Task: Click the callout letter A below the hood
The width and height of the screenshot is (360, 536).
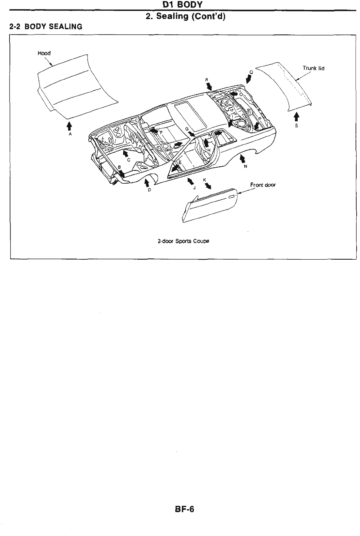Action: click(70, 134)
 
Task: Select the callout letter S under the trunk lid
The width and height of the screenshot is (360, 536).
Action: click(296, 125)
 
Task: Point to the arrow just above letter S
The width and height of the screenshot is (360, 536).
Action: click(296, 117)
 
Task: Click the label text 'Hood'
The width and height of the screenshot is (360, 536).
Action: click(44, 53)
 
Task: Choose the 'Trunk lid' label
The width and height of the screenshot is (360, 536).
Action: click(313, 68)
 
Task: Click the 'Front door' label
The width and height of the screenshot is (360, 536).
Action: click(263, 185)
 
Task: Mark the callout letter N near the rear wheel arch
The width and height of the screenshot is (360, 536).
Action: click(245, 166)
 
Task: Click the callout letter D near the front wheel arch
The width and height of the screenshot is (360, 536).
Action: click(149, 190)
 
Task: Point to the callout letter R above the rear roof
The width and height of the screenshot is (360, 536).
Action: click(206, 79)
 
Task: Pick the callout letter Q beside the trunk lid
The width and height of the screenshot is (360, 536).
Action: click(251, 72)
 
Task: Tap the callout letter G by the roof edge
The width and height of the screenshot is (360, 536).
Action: click(187, 128)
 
